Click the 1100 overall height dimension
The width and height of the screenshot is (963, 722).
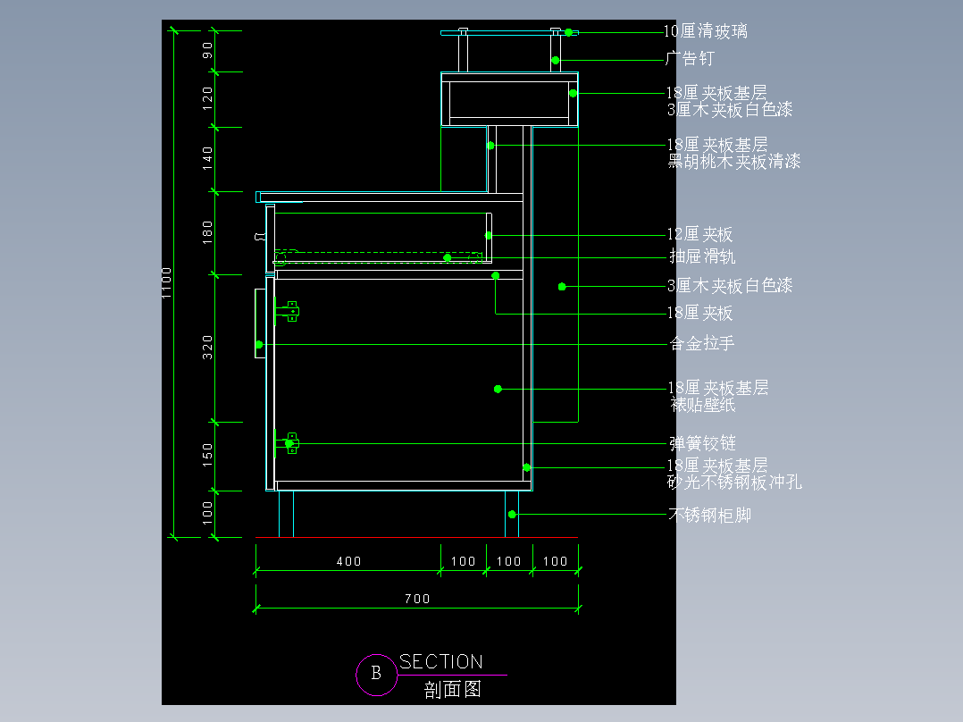(x=166, y=283)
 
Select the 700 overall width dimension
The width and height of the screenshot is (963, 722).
(x=417, y=599)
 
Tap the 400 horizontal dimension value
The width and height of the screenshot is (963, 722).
(x=348, y=562)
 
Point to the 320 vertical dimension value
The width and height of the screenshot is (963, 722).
(x=207, y=348)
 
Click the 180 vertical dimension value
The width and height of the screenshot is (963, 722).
(x=207, y=232)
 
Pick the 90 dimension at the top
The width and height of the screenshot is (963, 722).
(x=207, y=50)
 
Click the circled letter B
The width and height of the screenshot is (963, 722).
(x=376, y=674)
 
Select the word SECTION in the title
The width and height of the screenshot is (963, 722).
(x=441, y=662)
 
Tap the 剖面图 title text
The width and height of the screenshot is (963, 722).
(x=453, y=690)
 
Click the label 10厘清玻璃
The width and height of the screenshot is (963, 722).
(x=706, y=31)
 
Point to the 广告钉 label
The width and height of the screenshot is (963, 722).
(x=691, y=59)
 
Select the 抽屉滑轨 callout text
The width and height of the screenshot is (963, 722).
(x=702, y=256)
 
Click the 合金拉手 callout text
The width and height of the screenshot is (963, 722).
(x=702, y=343)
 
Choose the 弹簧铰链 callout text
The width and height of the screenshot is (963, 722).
(x=702, y=443)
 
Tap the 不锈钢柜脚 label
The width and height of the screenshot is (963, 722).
(x=710, y=515)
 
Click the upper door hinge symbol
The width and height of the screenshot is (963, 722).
(x=288, y=312)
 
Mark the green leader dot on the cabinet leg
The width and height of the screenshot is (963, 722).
(x=512, y=515)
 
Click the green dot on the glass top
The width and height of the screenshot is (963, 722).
(x=569, y=32)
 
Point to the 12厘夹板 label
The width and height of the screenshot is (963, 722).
(x=700, y=234)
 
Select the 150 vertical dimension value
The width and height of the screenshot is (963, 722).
(x=207, y=456)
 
